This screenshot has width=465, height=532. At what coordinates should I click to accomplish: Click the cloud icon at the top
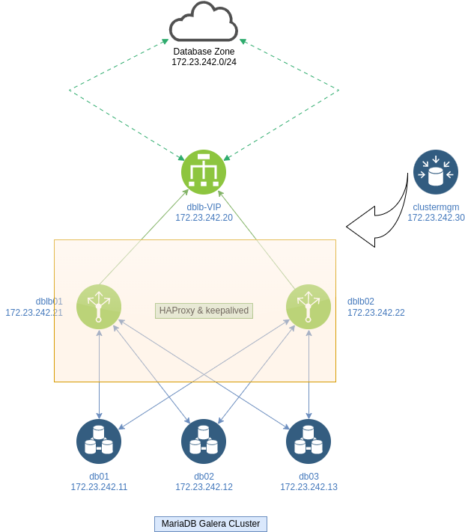[x=204, y=22]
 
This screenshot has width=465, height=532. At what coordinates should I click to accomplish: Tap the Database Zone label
[x=204, y=52]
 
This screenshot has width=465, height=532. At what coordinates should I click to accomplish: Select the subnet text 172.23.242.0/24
[x=204, y=62]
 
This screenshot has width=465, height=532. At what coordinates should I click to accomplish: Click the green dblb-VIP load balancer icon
[x=204, y=172]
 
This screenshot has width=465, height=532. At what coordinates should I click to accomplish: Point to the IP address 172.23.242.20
[x=204, y=218]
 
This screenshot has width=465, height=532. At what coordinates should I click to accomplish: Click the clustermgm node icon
[x=436, y=172]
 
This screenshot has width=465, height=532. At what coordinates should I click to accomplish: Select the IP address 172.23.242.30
[x=436, y=218]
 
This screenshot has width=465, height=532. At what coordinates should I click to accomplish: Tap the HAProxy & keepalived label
[x=204, y=311]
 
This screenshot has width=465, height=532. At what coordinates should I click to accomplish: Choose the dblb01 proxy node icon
[x=99, y=307]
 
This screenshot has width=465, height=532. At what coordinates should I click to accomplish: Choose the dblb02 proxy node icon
[x=309, y=307]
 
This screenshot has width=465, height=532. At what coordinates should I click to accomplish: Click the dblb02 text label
[x=361, y=302]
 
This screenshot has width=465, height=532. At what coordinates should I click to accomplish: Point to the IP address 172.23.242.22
[x=376, y=313]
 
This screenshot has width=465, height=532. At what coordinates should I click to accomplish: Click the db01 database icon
[x=99, y=441]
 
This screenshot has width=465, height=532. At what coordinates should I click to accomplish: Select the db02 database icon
[x=204, y=441]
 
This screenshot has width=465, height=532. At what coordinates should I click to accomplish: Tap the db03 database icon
[x=309, y=441]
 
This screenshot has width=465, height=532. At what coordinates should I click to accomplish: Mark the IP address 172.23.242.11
[x=99, y=487]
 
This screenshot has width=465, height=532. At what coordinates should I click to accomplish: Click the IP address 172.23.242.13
[x=309, y=487]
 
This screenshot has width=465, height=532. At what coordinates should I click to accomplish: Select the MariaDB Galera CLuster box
[x=210, y=524]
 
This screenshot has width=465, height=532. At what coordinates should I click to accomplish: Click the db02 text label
[x=204, y=477]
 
